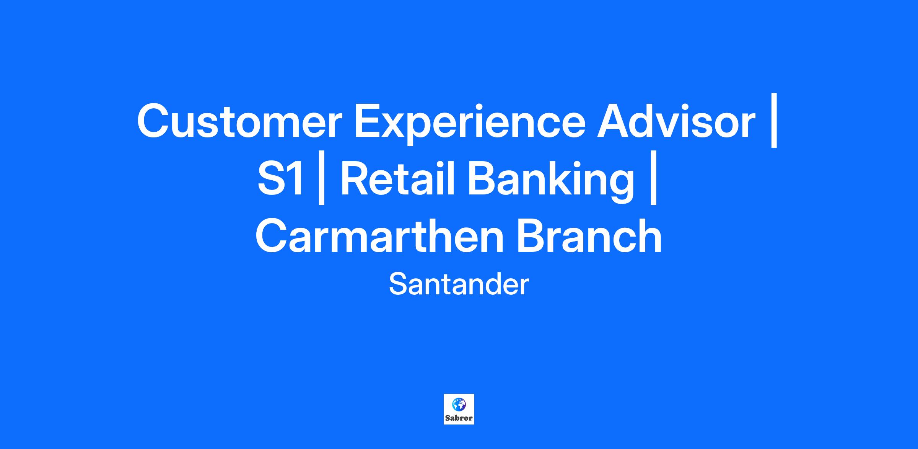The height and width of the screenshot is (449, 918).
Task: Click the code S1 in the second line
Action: click(281, 178)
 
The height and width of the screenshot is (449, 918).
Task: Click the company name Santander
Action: click(459, 284)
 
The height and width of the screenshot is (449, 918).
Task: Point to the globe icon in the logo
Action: click(459, 403)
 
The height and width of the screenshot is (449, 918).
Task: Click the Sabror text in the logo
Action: click(459, 418)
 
